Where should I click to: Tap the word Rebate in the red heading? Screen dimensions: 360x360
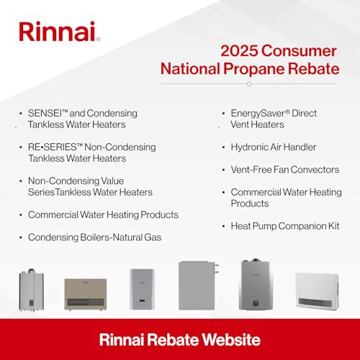[315, 71]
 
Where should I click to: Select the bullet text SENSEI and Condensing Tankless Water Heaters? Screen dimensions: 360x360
[83, 119]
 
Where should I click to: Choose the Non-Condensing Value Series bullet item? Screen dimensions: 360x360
[90, 186]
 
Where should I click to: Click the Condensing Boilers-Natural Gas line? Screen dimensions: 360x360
[94, 236]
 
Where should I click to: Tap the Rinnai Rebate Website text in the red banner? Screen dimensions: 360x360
[179, 338]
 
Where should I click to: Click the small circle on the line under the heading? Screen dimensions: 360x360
[249, 84]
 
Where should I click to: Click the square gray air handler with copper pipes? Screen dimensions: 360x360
[199, 285]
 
